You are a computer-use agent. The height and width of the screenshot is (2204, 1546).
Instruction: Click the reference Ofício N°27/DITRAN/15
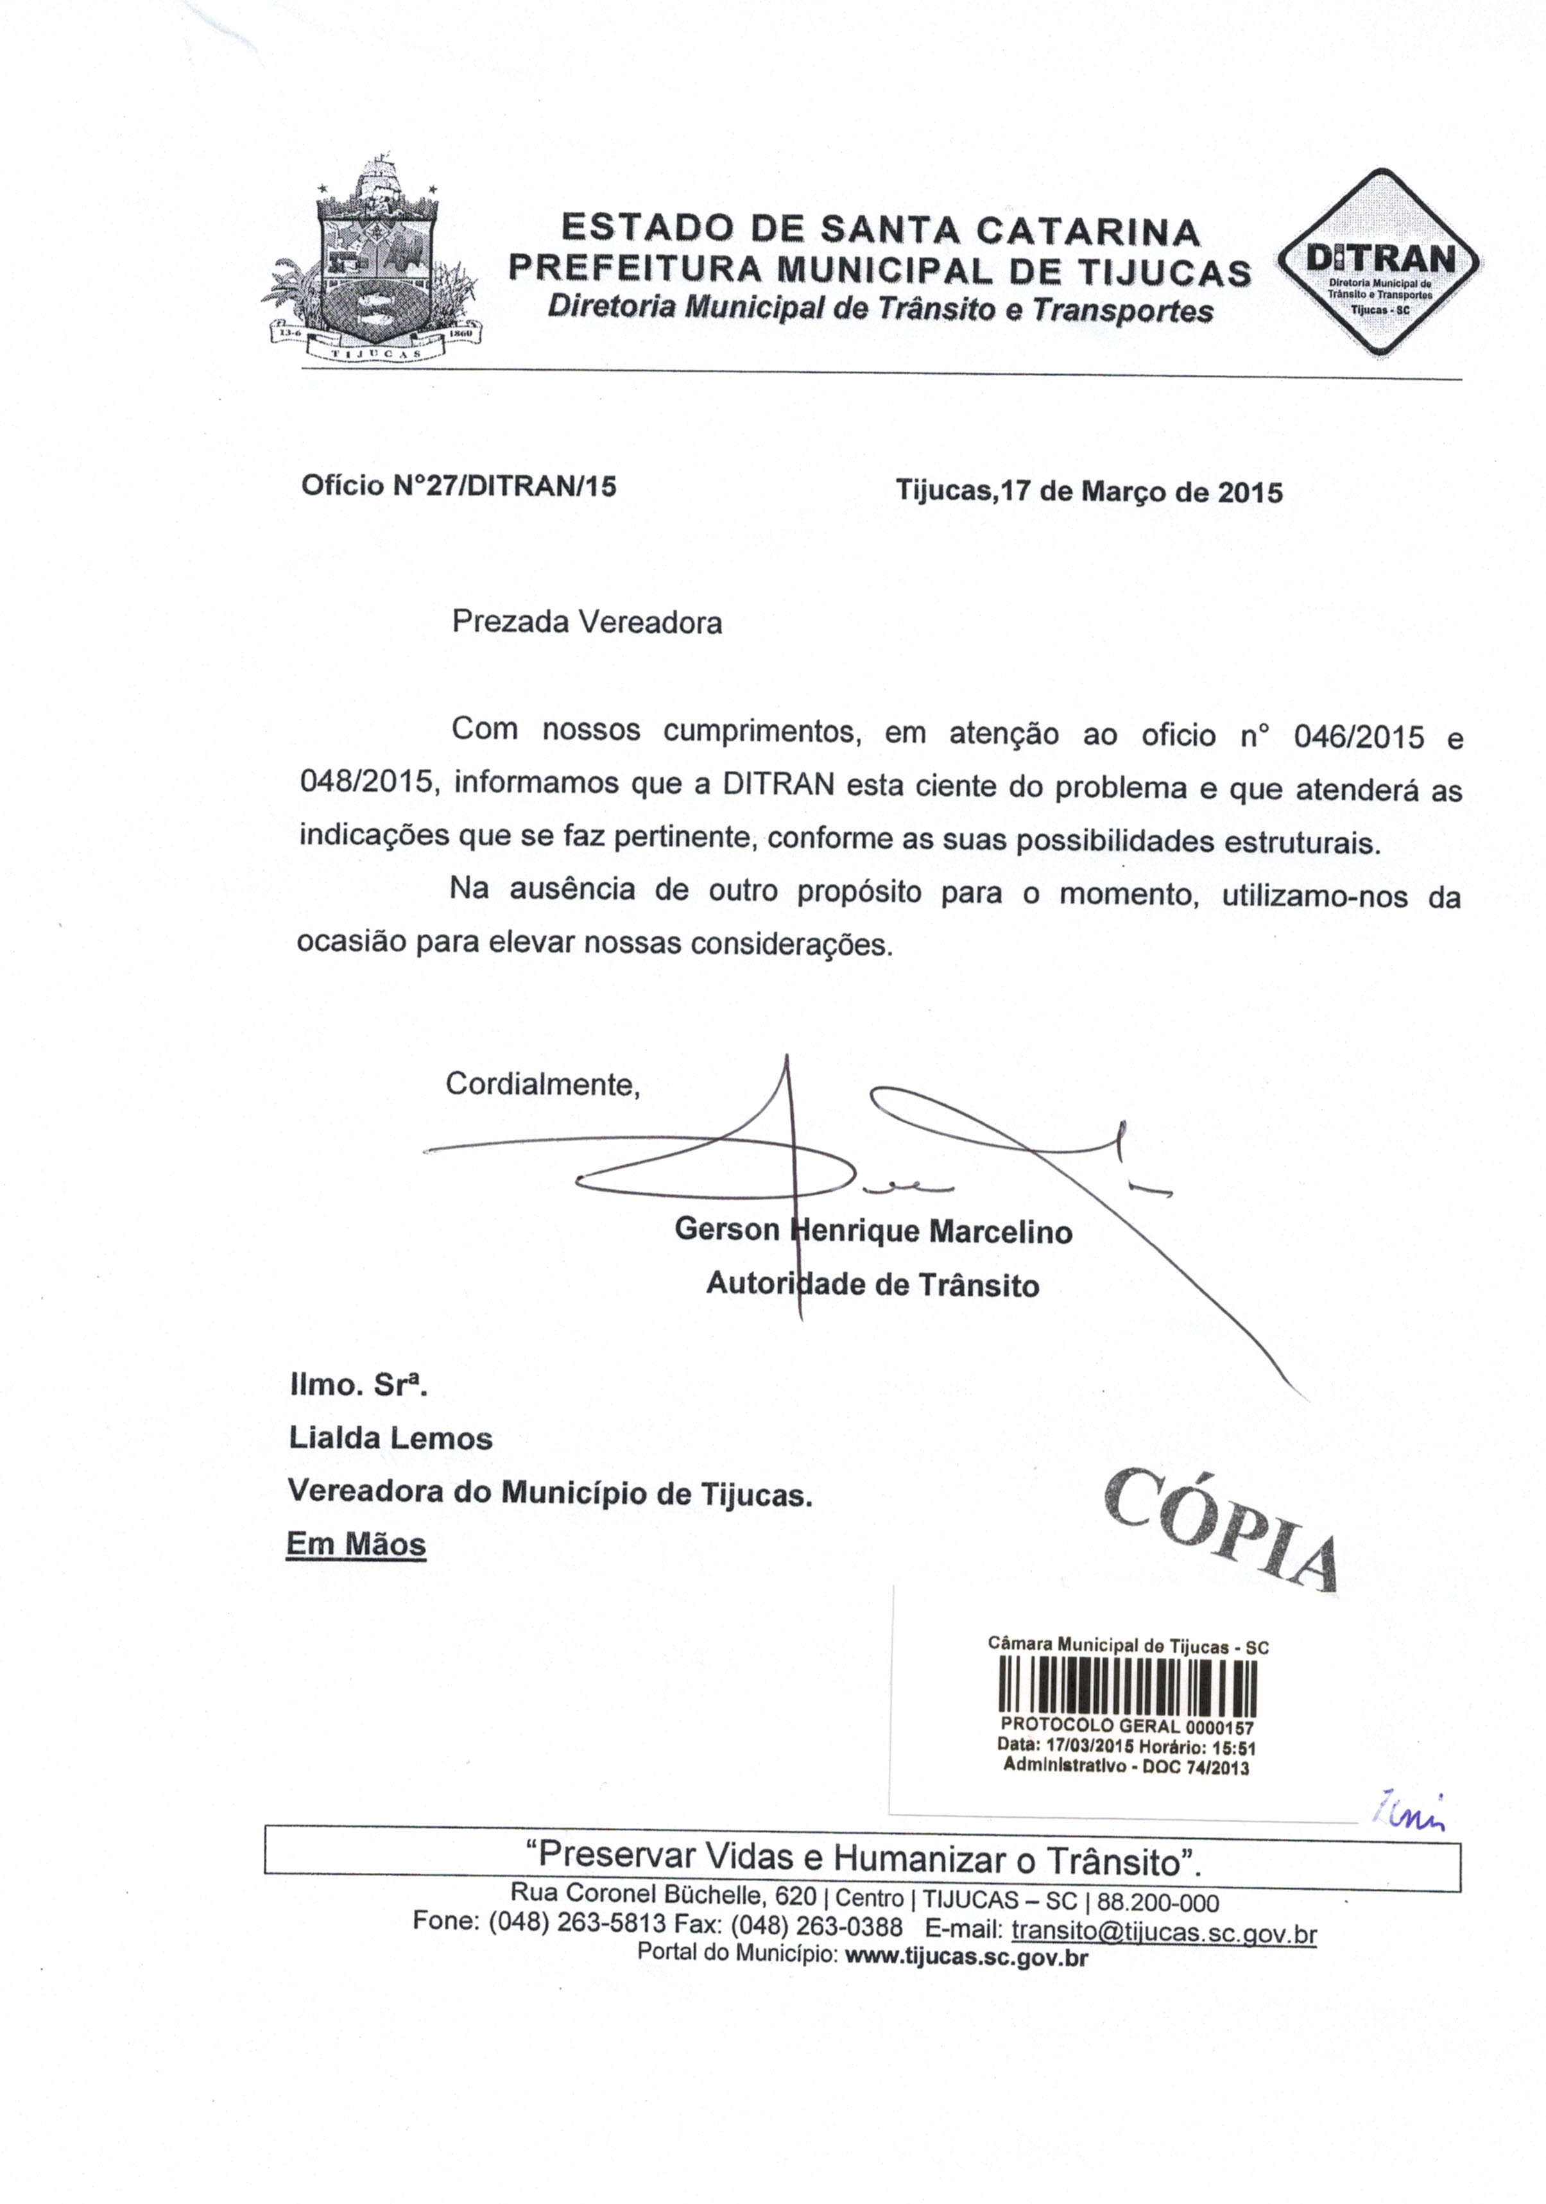(x=458, y=486)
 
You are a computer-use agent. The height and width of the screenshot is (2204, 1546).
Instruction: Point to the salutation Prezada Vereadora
(x=587, y=623)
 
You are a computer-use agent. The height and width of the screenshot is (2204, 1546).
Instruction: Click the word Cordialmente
(x=541, y=1085)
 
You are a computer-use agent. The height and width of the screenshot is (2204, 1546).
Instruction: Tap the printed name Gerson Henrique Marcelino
(x=872, y=1230)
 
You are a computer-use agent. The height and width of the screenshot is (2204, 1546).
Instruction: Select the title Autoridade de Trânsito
(x=872, y=1284)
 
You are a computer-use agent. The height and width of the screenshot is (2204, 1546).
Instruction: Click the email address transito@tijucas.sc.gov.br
(x=1163, y=1931)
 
